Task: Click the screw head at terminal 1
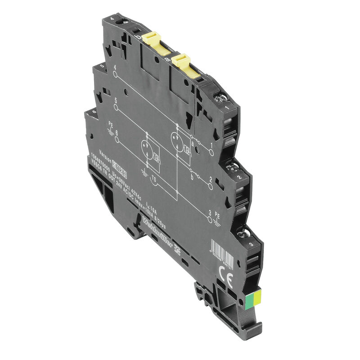click(x=221, y=97)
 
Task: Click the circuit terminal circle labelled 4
click(x=116, y=75)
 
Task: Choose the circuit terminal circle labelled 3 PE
click(x=210, y=219)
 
